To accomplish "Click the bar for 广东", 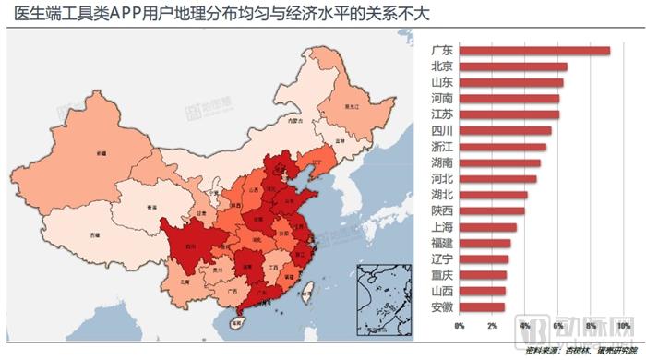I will point(534,51).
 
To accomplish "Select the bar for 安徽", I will point(482,307).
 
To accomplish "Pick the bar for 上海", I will point(487,227).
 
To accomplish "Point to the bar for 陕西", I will point(492,211).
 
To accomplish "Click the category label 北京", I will point(441,66).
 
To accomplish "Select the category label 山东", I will point(441,83).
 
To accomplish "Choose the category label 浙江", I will point(441,147).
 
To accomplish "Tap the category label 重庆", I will point(441,275).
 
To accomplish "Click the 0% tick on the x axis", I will point(460,326).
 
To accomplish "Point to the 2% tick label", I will point(492,326).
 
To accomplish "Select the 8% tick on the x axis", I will point(591,326).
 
